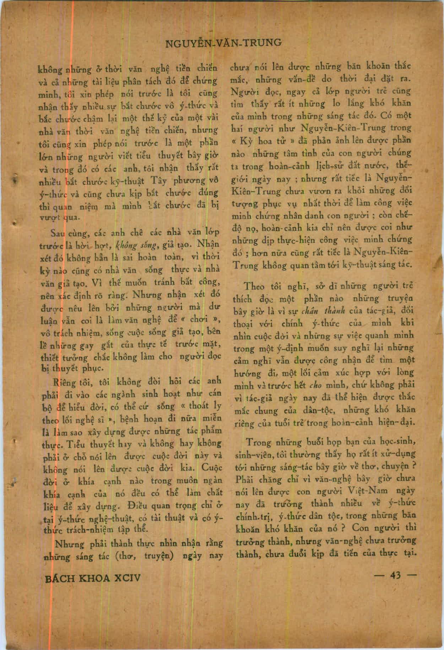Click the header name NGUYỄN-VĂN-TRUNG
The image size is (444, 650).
pyautogui.click(x=223, y=43)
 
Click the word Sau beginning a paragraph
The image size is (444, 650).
pyautogui.click(x=59, y=234)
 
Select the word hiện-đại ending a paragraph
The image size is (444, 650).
pyautogui.click(x=402, y=423)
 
